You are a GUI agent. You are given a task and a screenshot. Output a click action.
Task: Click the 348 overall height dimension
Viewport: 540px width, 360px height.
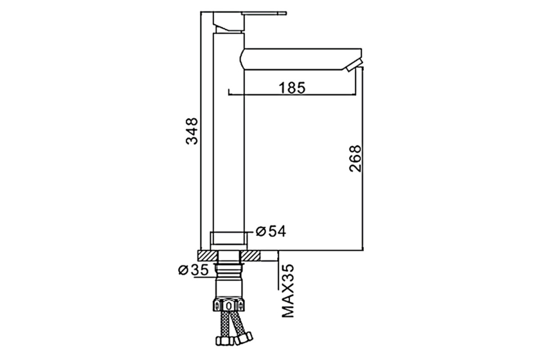[192, 131]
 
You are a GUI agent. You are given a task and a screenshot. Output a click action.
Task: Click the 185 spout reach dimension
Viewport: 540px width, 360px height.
[292, 88]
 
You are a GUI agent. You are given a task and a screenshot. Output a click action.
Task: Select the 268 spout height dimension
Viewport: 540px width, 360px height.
[355, 158]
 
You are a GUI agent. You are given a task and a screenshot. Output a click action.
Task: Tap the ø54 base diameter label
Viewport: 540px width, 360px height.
[271, 231]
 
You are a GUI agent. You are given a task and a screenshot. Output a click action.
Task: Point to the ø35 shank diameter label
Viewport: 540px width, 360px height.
[193, 270]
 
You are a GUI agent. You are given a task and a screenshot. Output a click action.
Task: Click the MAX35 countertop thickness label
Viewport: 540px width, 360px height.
[288, 291]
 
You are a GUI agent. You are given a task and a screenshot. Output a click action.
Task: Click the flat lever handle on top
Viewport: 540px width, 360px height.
[264, 13]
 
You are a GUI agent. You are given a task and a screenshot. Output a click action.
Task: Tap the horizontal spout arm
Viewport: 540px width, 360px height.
[301, 59]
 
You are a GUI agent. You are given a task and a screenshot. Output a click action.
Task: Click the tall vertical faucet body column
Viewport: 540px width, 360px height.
[229, 133]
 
